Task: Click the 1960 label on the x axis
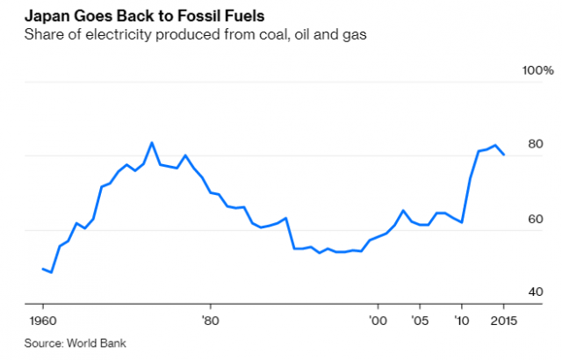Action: pos(43,320)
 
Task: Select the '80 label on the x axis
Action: pos(209,320)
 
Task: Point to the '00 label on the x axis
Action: pos(378,320)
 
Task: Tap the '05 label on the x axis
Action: pos(421,320)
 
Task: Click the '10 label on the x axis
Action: pos(463,320)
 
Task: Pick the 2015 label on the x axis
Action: pos(503,320)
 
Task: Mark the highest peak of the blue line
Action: pos(152,142)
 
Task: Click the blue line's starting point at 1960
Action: pos(43,269)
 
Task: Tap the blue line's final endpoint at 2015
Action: pos(504,155)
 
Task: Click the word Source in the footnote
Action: pos(43,342)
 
